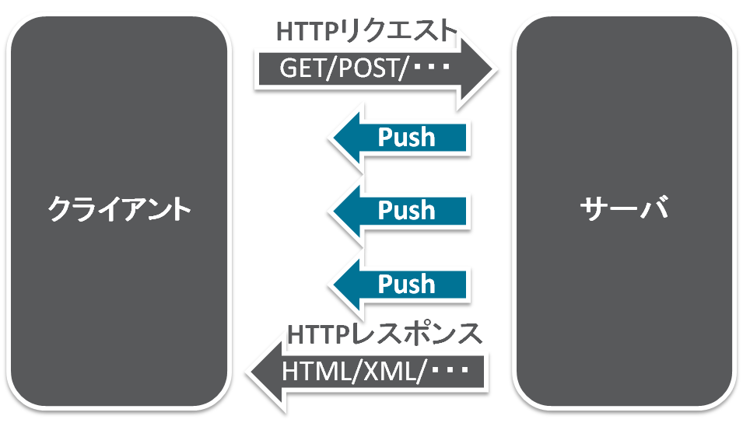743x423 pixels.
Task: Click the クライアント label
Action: [119, 210]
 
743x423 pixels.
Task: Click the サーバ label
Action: [624, 210]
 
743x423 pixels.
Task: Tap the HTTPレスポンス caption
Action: [385, 335]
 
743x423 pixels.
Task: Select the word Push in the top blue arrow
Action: [406, 138]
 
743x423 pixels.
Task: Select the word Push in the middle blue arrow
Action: [406, 210]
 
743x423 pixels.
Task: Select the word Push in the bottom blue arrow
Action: [406, 283]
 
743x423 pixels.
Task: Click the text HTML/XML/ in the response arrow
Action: [354, 371]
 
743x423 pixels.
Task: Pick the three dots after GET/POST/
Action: [431, 69]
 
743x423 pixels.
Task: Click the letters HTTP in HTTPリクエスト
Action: [304, 30]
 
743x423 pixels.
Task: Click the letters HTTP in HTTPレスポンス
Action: [315, 335]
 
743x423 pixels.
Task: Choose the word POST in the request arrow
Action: [366, 69]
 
